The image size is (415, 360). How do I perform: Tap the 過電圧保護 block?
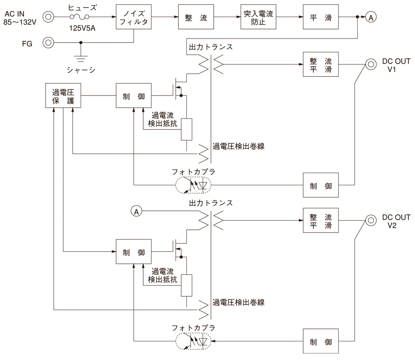(x=63, y=96)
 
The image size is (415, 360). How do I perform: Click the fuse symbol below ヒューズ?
(x=79, y=17)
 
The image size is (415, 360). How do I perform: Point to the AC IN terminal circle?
(x=48, y=17)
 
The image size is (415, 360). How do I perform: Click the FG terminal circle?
(x=48, y=43)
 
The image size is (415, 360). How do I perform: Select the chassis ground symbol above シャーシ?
(x=81, y=54)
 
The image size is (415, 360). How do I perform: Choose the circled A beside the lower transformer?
(x=136, y=211)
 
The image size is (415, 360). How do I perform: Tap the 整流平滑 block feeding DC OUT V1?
(x=321, y=64)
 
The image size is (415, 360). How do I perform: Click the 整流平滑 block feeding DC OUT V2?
(x=321, y=220)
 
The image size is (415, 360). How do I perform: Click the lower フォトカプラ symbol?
(x=194, y=341)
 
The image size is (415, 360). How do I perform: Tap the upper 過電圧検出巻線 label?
(x=239, y=146)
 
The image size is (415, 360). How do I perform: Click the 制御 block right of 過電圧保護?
(x=133, y=96)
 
